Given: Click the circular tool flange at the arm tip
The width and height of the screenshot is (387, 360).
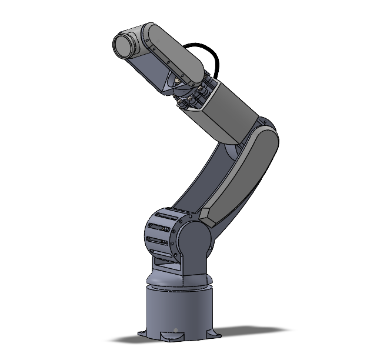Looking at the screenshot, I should point(122,46).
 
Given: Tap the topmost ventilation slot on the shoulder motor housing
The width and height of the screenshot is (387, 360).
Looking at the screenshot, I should point(161,217).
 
